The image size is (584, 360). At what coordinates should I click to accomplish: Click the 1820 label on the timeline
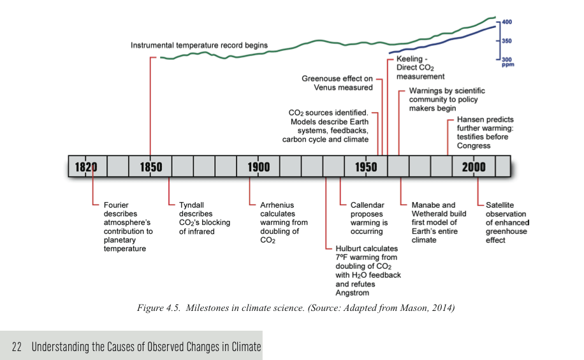tap(86, 167)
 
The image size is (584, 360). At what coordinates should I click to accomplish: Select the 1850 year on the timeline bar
tap(150, 167)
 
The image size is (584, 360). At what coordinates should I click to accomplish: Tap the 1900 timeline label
tap(258, 167)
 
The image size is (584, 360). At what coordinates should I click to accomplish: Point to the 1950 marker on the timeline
tap(366, 167)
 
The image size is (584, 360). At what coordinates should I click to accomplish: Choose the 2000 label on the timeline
tap(473, 167)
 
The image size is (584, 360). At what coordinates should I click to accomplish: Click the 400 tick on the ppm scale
tap(507, 22)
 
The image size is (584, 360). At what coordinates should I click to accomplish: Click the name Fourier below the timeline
tap(116, 205)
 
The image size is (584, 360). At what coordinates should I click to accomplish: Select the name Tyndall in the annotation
tap(191, 205)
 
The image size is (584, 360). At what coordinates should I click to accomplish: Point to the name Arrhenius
tap(277, 205)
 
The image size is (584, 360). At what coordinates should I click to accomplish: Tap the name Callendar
tap(367, 205)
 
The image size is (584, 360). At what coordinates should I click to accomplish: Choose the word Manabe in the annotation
tap(426, 205)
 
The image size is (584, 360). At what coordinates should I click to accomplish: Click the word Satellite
tap(500, 205)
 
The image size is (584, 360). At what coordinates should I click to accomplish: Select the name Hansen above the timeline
tap(469, 119)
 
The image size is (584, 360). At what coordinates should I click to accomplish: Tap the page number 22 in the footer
tap(17, 347)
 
